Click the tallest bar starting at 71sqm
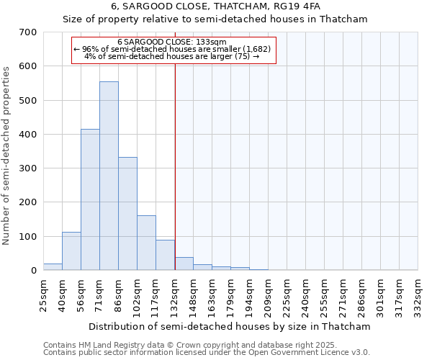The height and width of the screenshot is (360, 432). coord(109,176)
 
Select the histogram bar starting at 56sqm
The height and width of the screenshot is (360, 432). coord(90,199)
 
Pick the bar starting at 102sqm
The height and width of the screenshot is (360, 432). coord(146,243)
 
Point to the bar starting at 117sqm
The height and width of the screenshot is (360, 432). coord(165,255)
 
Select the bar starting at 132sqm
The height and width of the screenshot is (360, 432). coord(184,264)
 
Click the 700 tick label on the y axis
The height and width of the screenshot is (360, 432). coord(29,32)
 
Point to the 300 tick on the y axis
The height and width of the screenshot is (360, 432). coord(29,168)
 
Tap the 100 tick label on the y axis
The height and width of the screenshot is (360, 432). coord(29,236)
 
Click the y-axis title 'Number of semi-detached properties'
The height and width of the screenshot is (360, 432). coord(6,155)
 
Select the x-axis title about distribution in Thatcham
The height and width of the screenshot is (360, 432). coord(230,326)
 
